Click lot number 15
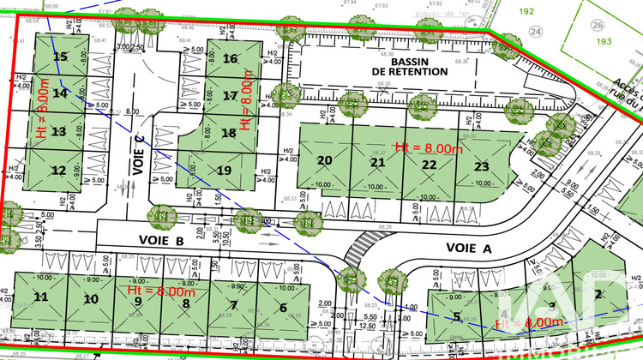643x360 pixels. pos(60,57)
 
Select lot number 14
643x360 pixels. pos(59,93)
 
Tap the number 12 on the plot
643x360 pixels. pos(58,170)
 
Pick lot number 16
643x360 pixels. pos(230,59)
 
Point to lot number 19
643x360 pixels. pos(224,170)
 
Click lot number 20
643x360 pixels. pos(324,160)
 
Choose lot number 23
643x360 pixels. pos(482,165)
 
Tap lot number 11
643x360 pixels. pos(40,297)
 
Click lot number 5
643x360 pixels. pos(457,317)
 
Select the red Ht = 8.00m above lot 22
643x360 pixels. pos(428,147)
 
